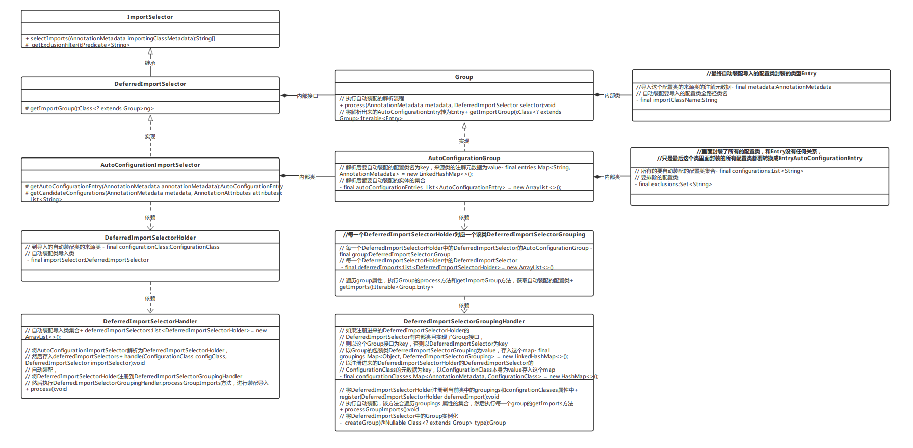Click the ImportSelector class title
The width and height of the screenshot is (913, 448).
150,17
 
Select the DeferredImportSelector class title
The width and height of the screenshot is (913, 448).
150,84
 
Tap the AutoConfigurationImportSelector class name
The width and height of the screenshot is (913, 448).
150,165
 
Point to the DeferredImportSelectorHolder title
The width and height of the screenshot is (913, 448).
150,238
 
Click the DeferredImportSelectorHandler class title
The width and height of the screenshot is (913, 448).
150,321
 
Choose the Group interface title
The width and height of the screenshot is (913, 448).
464,77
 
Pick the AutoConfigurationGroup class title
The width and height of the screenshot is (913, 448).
464,158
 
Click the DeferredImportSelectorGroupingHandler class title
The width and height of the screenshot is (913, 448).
464,321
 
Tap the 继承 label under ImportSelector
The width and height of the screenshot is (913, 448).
150,63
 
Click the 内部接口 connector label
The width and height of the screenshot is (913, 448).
307,96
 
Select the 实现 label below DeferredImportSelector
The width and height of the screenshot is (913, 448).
150,137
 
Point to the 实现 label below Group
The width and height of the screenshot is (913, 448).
464,141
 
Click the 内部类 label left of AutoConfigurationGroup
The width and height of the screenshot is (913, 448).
307,177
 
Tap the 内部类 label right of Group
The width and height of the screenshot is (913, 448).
612,96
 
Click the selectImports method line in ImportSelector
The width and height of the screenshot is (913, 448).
120,38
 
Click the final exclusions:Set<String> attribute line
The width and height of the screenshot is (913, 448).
675,184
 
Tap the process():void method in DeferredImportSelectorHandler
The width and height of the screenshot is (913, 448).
46,389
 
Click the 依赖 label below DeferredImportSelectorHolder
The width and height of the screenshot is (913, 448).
150,299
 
